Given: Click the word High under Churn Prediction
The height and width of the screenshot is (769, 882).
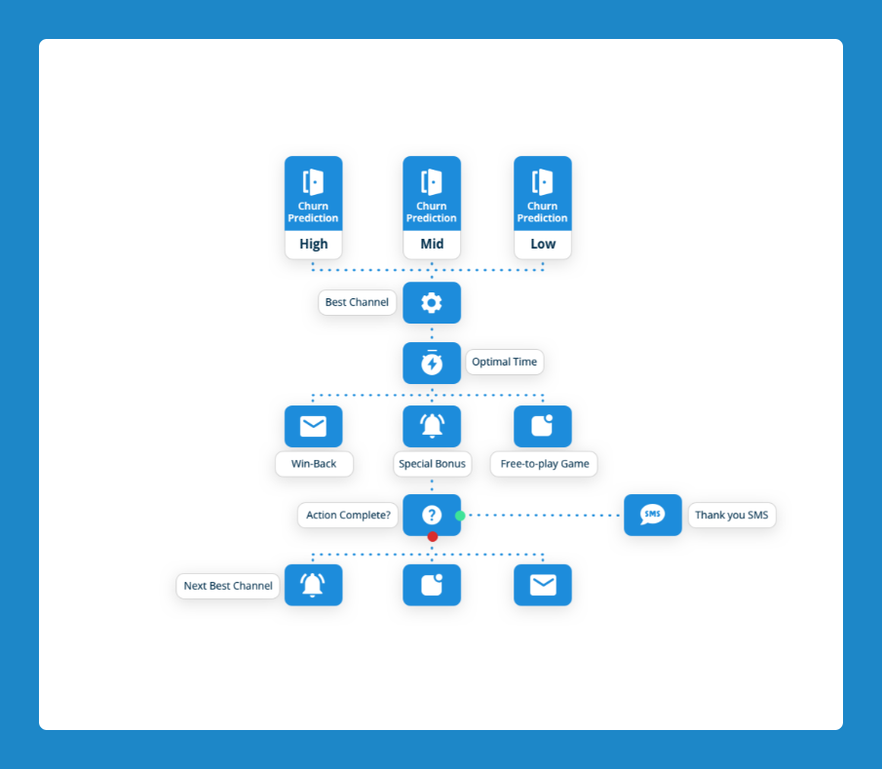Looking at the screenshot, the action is pos(313,244).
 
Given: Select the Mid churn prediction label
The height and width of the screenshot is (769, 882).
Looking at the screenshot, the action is pos(432,244).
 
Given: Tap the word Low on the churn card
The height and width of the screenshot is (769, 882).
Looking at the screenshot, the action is pos(543,244).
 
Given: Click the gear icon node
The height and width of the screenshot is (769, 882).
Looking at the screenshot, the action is pos(432,303).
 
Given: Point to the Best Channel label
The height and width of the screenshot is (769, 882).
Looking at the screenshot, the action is pos(357,302).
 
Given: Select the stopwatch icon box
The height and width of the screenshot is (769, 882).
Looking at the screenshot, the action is pos(432,363).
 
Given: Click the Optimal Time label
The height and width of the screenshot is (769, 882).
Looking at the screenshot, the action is pos(504,362).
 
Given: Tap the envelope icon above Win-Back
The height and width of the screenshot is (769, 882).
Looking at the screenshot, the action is pos(313,426).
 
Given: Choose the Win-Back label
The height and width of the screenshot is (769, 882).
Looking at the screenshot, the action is pos(314,464).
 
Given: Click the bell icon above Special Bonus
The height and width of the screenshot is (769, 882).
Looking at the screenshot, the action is pos(432,426).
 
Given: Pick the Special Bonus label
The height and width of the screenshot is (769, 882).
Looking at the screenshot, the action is pos(432,464).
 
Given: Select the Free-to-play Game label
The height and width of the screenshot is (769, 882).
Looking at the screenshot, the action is pos(544,464).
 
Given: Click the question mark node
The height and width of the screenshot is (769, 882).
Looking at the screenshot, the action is pos(432,515).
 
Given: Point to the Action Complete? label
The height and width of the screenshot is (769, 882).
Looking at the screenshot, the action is pos(348,515).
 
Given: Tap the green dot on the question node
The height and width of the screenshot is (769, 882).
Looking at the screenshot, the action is pos(460,516).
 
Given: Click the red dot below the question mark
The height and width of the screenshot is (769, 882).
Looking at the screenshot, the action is pos(432,536).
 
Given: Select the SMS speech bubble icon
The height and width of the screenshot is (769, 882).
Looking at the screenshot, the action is pos(653,515).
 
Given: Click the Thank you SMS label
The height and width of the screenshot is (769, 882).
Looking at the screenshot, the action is pos(732,515).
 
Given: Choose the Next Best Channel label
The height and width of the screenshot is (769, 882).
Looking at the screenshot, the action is pos(228,586).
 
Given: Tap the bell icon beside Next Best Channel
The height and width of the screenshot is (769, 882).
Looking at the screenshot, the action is pos(313,585).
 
